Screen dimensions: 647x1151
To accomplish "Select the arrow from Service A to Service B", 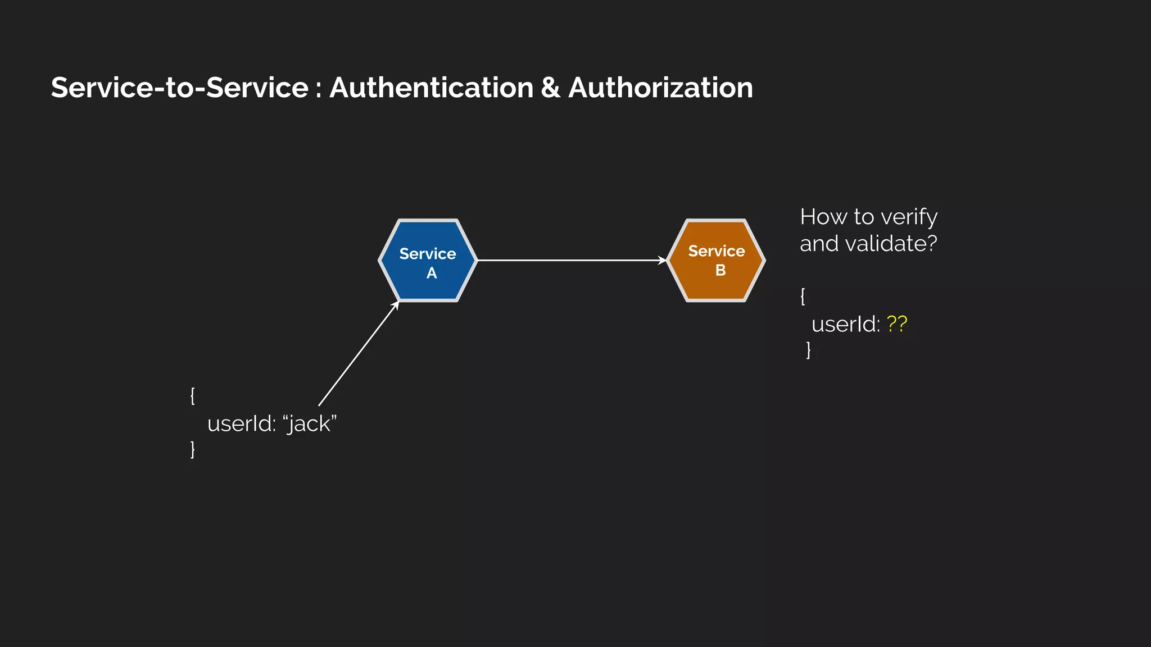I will point(570,260).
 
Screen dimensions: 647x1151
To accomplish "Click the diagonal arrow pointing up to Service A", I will point(358,354).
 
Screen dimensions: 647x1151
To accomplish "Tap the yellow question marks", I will point(896,324).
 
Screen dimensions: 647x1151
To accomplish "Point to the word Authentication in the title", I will point(431,88).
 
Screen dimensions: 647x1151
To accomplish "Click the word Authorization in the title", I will point(660,88).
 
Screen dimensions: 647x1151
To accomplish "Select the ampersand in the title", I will point(551,88).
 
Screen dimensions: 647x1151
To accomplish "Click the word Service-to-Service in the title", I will point(180,88).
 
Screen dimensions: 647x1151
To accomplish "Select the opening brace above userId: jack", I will point(193,395).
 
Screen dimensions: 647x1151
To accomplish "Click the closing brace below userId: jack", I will point(193,449).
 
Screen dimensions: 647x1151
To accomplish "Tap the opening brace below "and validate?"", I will point(803,296).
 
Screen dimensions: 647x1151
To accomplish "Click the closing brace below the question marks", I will point(809,350).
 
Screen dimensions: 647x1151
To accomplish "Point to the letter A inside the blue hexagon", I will point(432,274).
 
